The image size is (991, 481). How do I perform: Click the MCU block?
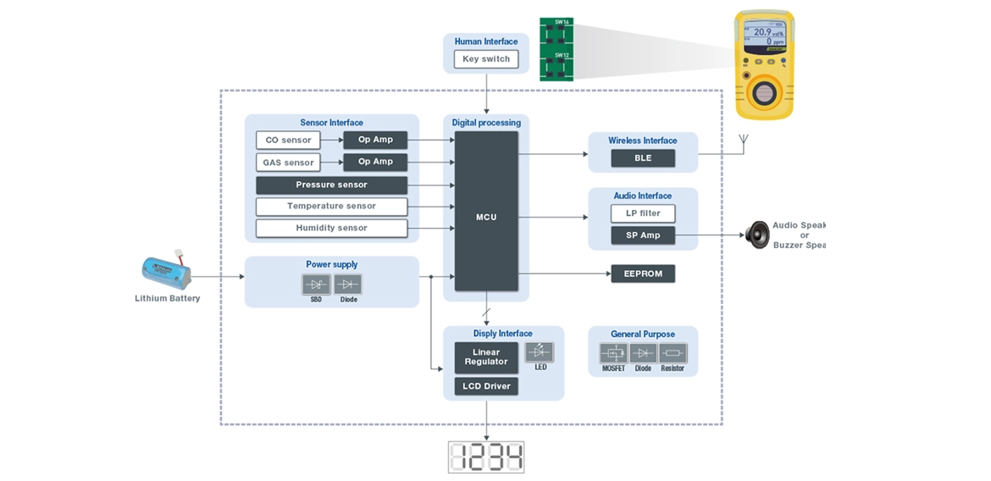point(486,217)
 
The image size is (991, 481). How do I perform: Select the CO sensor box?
point(288,140)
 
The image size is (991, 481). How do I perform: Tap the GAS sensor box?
point(288,162)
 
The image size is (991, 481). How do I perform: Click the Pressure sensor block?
point(331,185)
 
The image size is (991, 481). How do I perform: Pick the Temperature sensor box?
point(331,206)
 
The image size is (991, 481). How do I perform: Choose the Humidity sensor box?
point(331,228)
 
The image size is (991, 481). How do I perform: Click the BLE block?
point(643,158)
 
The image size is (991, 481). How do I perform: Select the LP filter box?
point(643,213)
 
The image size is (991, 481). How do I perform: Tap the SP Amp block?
point(643,235)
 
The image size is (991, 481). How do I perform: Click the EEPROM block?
point(643,274)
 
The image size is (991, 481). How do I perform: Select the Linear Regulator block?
point(486,357)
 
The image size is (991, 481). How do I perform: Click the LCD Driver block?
point(486,386)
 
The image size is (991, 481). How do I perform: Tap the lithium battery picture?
point(166,273)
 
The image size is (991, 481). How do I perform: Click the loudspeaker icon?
point(757,234)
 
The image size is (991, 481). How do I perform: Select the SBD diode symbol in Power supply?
point(316,285)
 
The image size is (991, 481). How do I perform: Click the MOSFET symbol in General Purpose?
point(613,353)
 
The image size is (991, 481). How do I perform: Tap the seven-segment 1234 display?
point(486,457)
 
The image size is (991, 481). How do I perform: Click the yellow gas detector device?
point(763,68)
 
